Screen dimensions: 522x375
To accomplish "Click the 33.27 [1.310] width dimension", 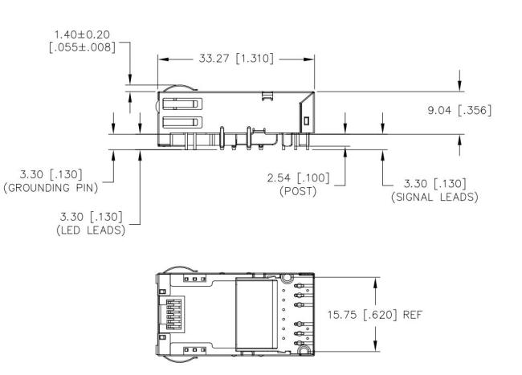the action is click(236, 59).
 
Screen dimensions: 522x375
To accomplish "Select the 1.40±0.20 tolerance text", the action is click(82, 35).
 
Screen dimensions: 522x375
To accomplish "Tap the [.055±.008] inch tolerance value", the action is click(82, 47).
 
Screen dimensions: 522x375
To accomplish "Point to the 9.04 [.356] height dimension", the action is click(459, 110).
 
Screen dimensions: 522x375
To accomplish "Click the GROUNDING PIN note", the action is click(51, 188).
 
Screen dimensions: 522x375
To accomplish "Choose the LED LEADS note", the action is click(91, 230).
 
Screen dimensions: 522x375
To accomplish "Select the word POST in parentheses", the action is click(298, 191).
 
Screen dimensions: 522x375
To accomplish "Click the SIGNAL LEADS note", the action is click(434, 197).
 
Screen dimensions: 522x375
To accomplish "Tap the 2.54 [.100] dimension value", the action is click(298, 177).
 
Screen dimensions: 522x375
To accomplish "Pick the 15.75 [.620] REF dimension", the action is click(375, 315).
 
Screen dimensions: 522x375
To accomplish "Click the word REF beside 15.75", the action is click(413, 315).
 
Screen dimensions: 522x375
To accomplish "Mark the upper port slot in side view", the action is click(182, 104).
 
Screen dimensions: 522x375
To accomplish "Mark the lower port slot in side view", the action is click(182, 122).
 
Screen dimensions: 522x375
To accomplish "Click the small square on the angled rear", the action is click(307, 120).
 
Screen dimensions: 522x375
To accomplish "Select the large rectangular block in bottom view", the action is click(256, 315).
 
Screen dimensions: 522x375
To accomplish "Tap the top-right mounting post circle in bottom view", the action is click(287, 279).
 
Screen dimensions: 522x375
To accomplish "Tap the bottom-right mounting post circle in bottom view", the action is click(304, 350).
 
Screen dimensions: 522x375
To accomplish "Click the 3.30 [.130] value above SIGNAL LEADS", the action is click(434, 184).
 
